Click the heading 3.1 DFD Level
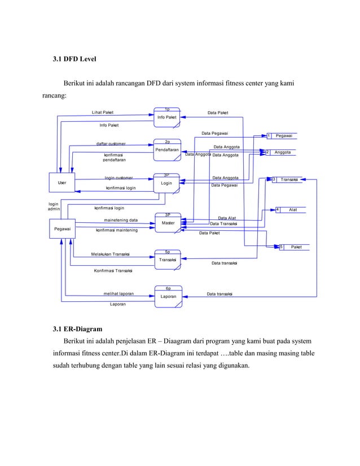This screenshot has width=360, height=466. tap(76, 59)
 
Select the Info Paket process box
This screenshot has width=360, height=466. tap(166, 117)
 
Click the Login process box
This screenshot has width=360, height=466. tap(166, 183)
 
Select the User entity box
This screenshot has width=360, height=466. tap(62, 183)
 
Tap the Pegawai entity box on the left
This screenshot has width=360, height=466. tap(62, 229)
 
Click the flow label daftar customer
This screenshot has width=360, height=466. tap(111, 144)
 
